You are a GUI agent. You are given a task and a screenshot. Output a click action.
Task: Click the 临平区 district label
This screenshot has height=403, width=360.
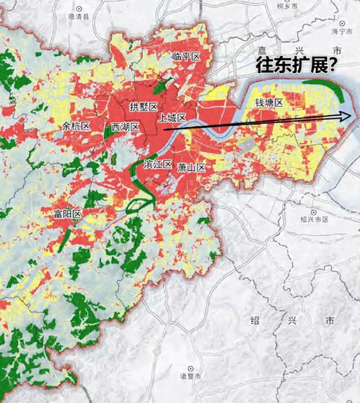click(187, 56)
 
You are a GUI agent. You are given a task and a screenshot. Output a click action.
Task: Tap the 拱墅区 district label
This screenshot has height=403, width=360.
click(144, 106)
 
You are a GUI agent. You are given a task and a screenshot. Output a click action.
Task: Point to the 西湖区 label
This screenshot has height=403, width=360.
click(125, 126)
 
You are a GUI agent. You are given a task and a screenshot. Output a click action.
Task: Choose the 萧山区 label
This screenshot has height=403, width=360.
click(191, 167)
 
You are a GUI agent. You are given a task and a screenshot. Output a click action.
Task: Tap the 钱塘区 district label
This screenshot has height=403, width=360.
click(269, 102)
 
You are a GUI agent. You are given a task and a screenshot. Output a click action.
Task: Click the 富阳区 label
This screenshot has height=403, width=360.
click(68, 214)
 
